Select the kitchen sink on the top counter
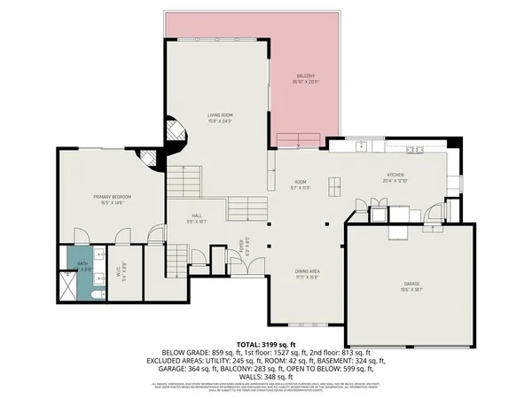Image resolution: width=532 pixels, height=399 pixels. (362, 145)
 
